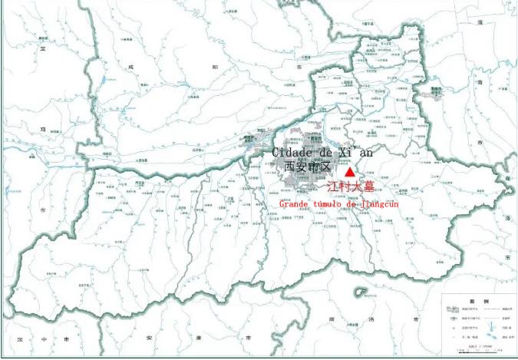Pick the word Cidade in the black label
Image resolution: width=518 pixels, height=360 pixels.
point(293,152)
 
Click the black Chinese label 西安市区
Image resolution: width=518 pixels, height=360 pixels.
point(306,166)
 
